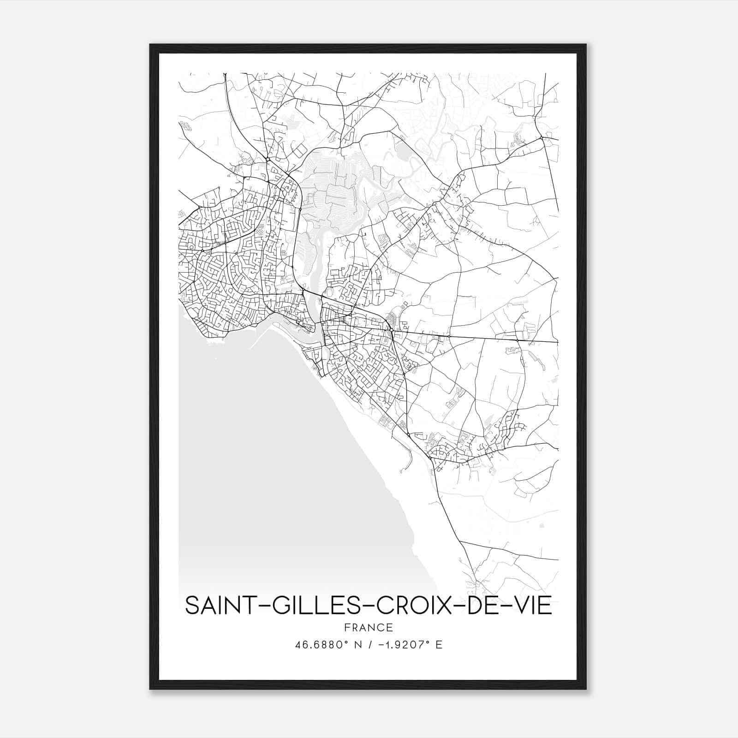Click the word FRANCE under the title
point(368,628)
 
